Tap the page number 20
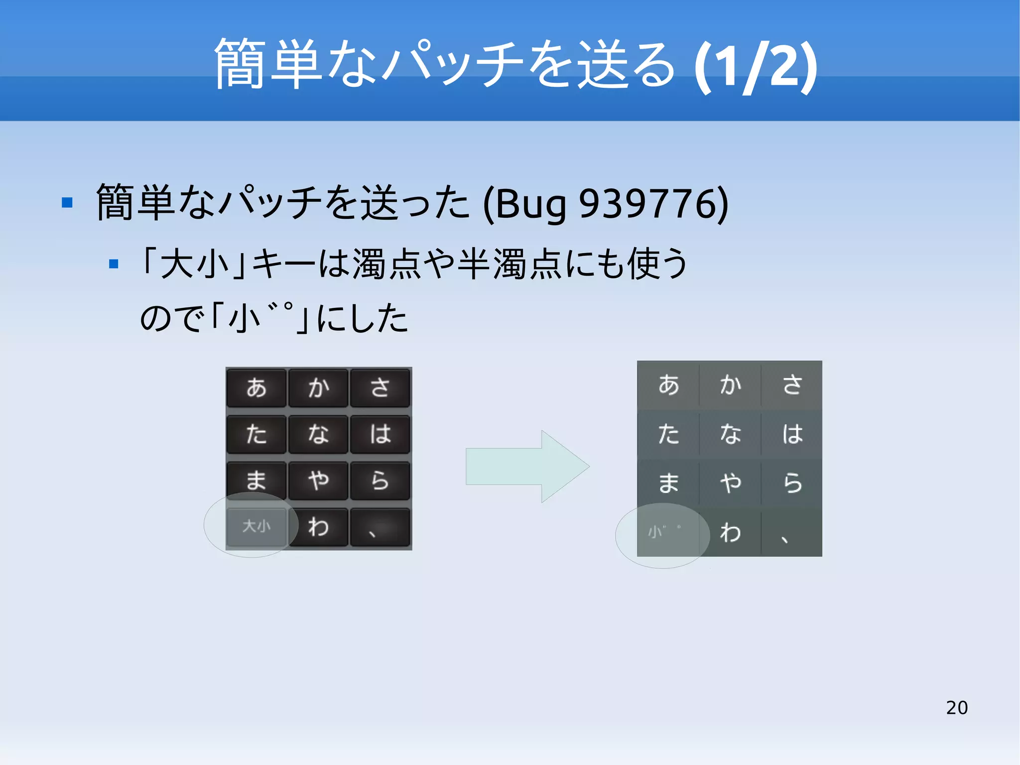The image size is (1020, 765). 956,707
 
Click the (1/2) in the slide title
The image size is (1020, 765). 756,66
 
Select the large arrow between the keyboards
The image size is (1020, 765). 527,466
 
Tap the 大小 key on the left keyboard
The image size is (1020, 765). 256,526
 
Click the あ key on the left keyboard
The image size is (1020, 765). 256,388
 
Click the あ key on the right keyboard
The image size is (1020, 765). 668,385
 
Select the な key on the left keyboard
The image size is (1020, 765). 318,434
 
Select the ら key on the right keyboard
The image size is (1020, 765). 792,482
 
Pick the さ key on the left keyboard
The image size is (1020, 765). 380,388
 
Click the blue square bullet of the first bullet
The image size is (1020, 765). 67,202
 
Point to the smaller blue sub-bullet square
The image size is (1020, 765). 114,264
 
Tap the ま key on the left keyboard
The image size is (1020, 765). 256,480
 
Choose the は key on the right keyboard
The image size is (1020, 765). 792,434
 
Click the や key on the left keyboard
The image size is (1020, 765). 318,480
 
